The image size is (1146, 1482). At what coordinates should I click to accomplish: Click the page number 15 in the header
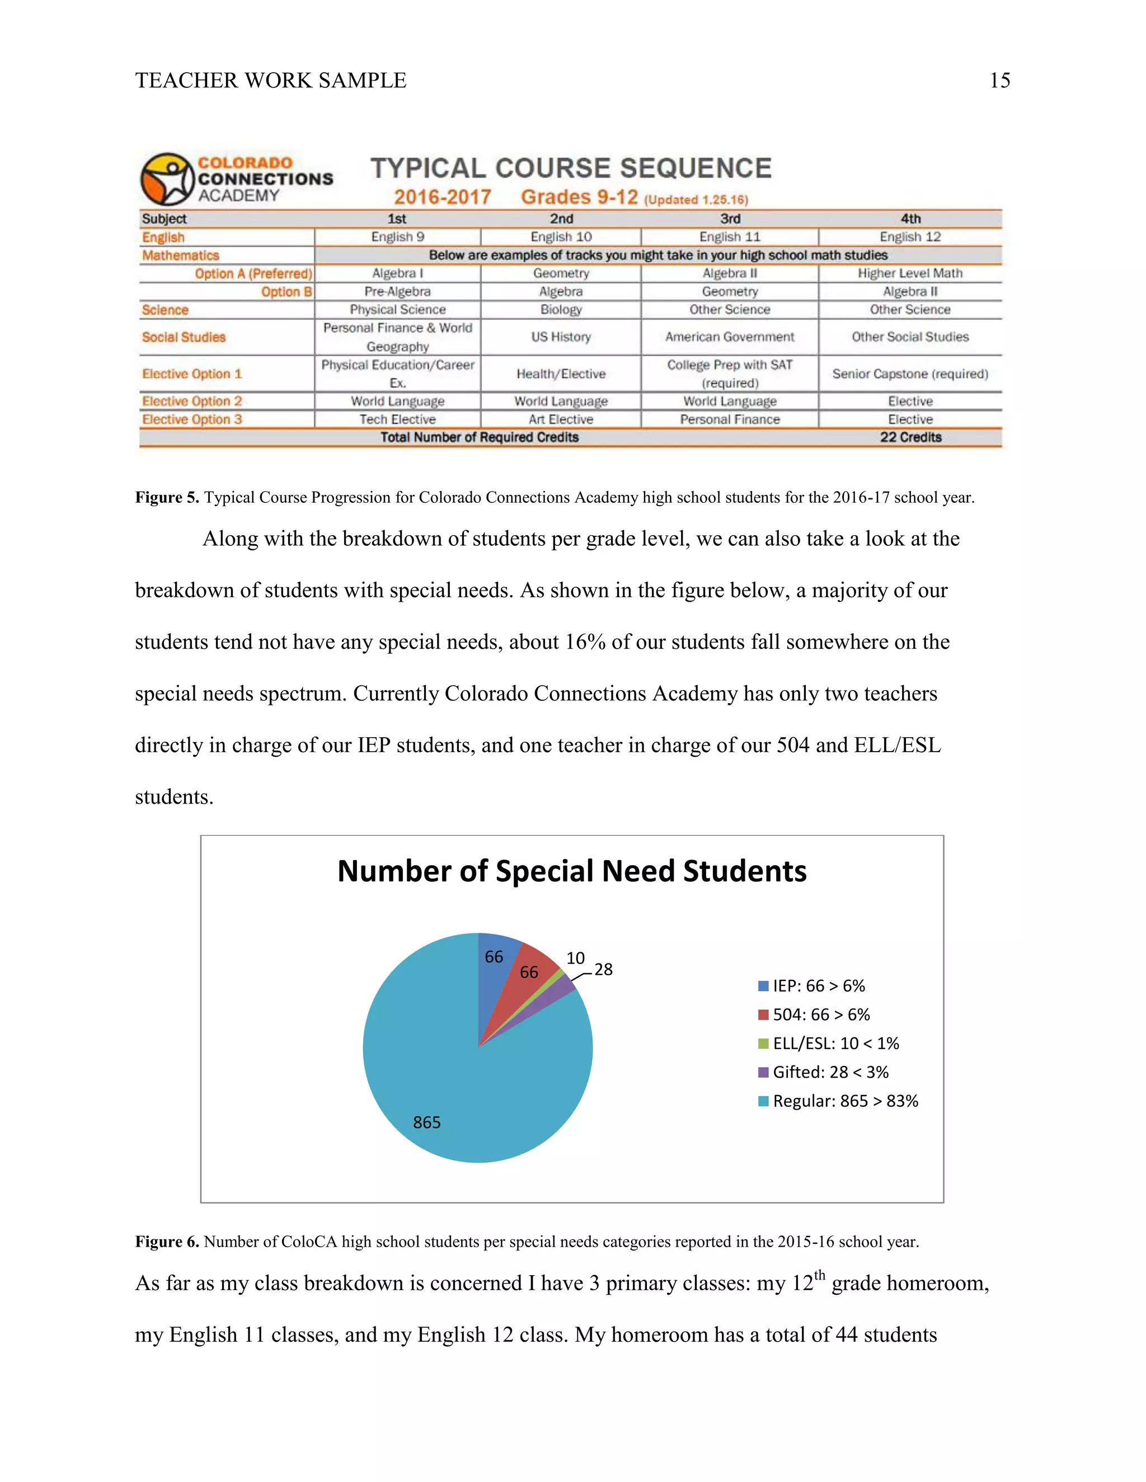tap(999, 81)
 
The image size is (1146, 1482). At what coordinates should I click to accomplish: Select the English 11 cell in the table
tap(730, 237)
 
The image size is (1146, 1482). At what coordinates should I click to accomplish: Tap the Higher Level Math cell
tap(910, 273)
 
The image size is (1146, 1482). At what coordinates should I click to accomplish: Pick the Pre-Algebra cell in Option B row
tap(397, 291)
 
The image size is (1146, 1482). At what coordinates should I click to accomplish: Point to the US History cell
tap(561, 337)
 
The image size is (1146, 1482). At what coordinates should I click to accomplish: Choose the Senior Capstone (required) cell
tap(910, 374)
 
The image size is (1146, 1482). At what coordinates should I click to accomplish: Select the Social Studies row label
tap(184, 337)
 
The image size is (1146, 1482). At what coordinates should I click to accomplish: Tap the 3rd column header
tap(730, 219)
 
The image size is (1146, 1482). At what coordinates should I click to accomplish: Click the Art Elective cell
tap(561, 419)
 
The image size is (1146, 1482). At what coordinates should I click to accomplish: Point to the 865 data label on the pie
tap(427, 1122)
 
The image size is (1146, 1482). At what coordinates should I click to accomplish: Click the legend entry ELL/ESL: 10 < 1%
tap(835, 1043)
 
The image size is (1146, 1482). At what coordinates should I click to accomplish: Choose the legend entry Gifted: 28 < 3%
tap(830, 1072)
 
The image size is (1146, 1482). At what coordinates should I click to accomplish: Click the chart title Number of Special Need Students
tap(572, 871)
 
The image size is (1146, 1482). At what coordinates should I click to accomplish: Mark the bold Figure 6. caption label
tap(167, 1242)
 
